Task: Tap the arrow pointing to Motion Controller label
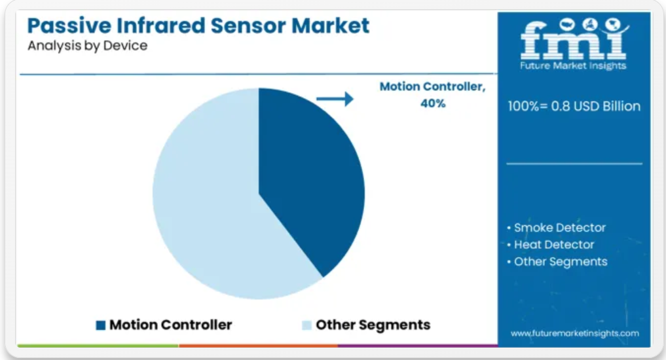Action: point(335,99)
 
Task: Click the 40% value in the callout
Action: point(433,103)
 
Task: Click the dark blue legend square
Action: point(101,325)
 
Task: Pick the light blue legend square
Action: point(306,325)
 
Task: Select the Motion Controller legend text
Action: point(171,325)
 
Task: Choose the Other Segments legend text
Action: point(373,325)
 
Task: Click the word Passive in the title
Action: point(68,26)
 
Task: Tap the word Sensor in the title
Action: point(248,26)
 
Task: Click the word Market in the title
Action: point(331,26)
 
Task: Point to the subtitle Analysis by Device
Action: point(88,45)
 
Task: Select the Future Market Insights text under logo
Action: point(573,66)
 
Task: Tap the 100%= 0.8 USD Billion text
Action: point(574,106)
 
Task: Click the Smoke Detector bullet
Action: point(557,228)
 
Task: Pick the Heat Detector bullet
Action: point(551,245)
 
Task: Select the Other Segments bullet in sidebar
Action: point(557,262)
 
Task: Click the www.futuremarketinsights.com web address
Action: point(575,333)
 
